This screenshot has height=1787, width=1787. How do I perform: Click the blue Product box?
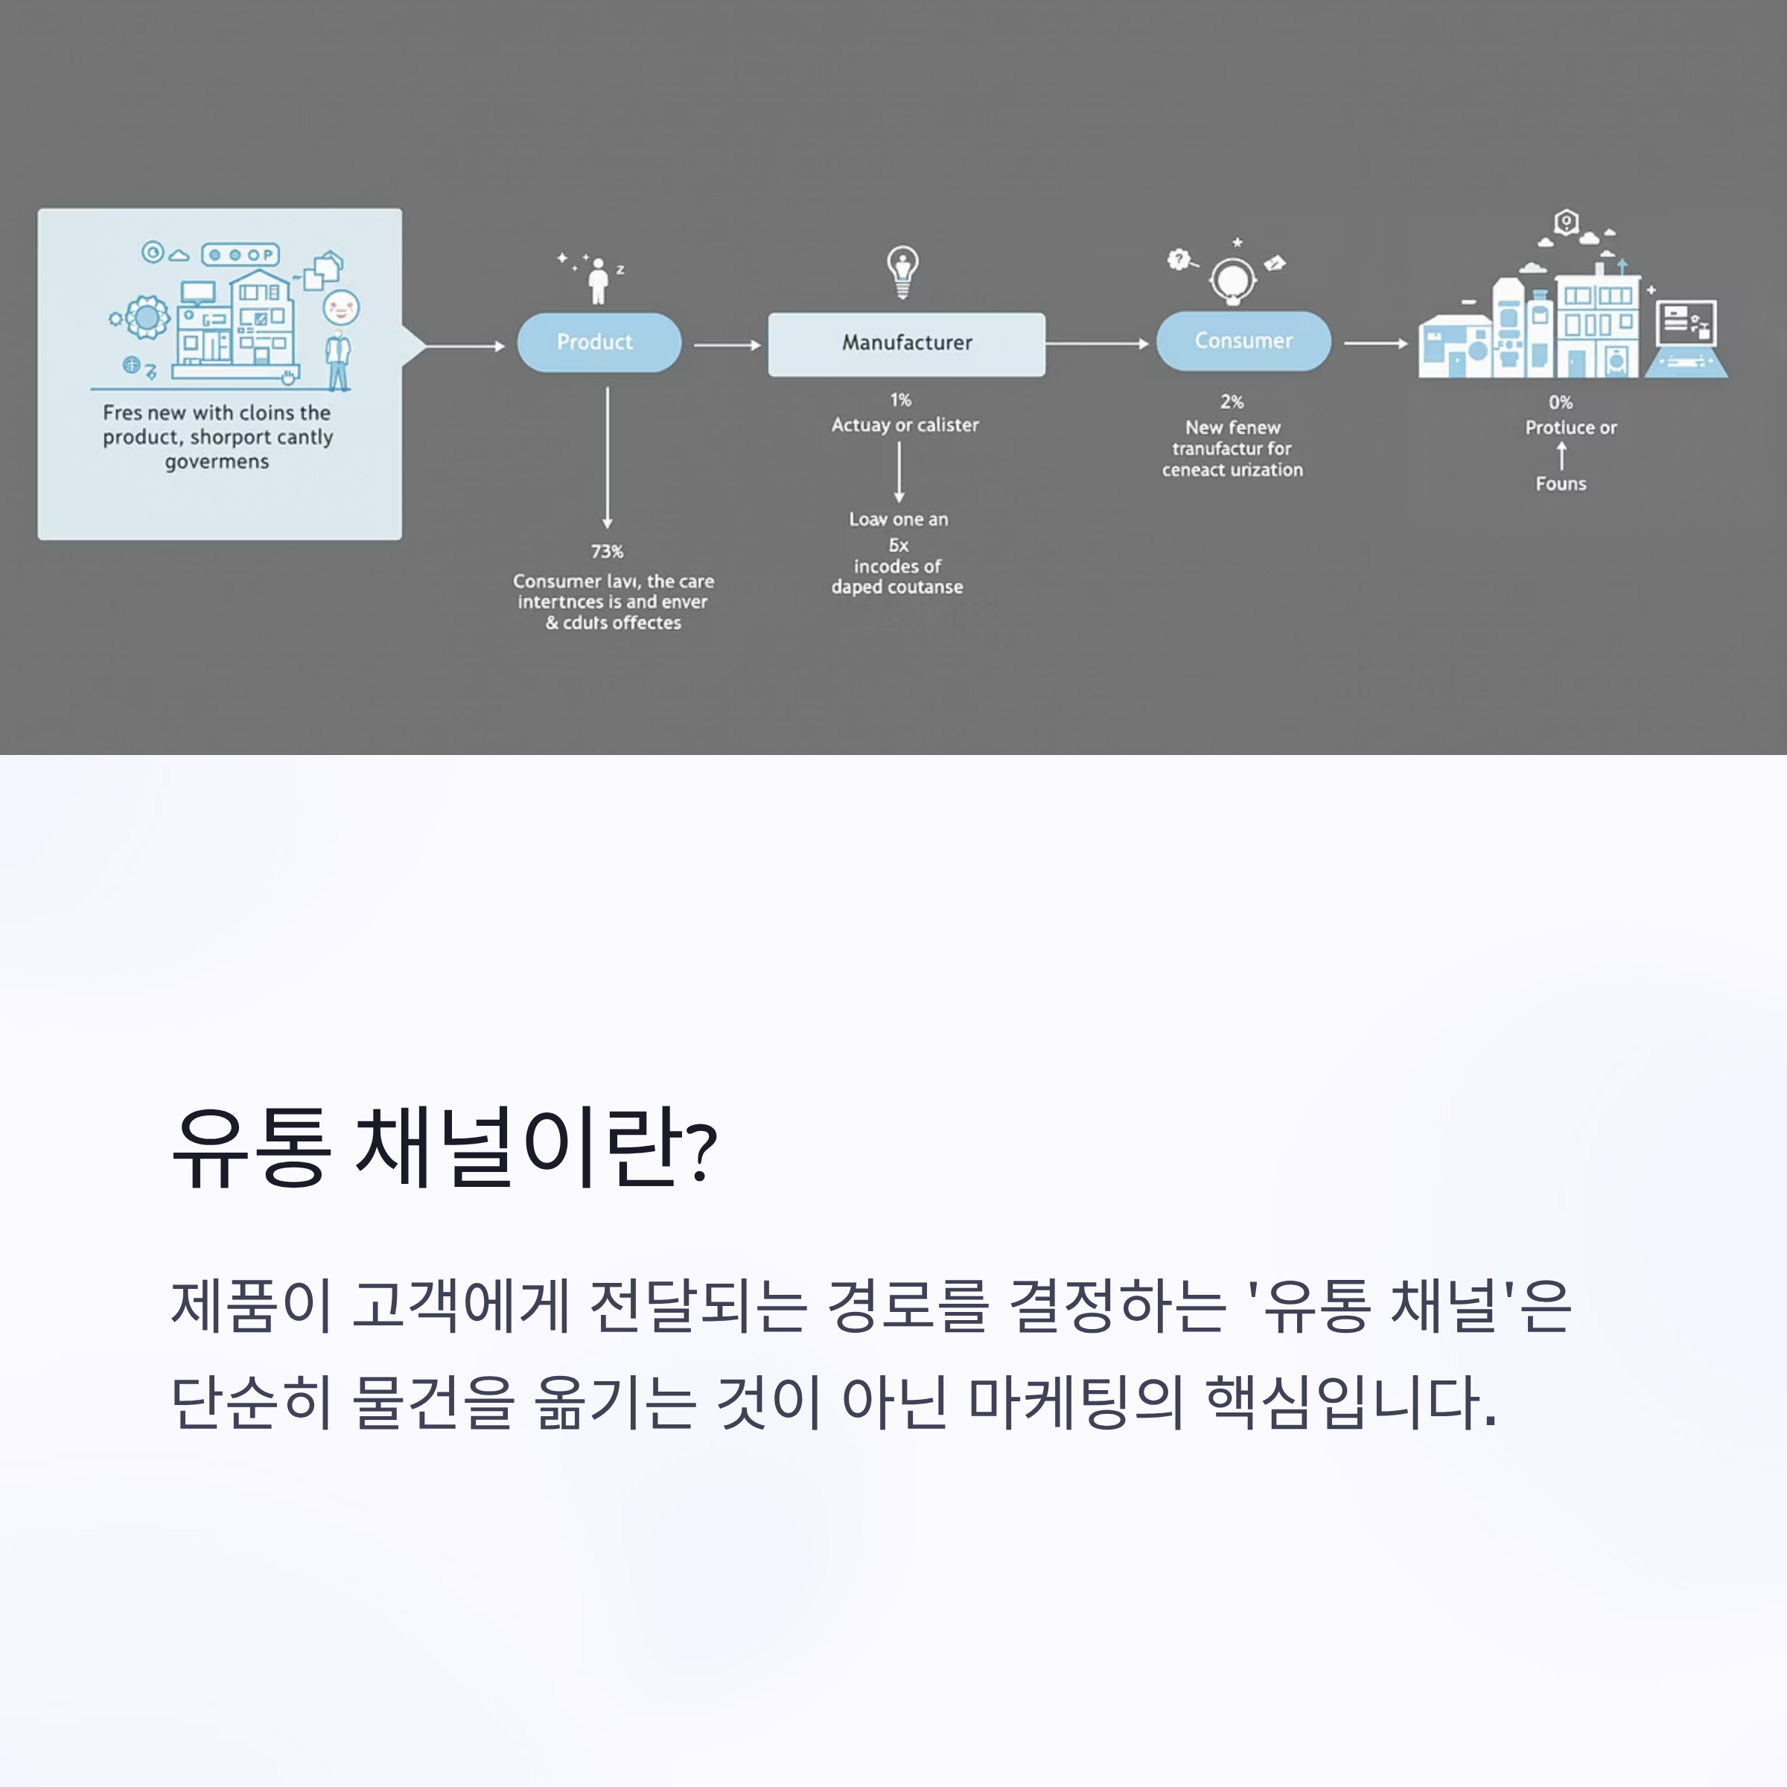point(599,343)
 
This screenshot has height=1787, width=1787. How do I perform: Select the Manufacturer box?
point(906,343)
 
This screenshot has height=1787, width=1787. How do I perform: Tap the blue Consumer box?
point(1243,340)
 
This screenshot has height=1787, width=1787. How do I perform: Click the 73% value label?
point(607,551)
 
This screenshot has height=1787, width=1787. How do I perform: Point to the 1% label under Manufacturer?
point(900,400)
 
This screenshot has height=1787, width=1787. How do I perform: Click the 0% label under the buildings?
point(1561,402)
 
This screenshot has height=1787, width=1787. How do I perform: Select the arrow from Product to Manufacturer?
point(727,345)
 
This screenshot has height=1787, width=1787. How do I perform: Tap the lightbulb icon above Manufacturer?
point(902,271)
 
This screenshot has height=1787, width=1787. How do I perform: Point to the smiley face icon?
point(341,306)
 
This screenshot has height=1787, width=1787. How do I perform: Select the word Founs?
point(1561,484)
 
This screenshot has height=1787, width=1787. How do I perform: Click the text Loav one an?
point(898,520)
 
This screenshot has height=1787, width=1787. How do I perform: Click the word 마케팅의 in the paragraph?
point(1074,1402)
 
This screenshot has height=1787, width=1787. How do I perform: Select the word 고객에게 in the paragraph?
point(461,1306)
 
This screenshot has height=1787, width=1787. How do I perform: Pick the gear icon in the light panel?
point(146,318)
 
